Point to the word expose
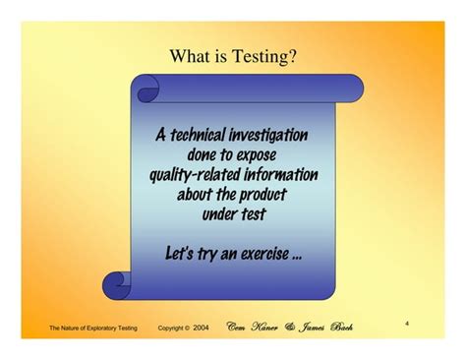click(259, 154)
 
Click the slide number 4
click(406, 323)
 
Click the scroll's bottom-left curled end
click(118, 285)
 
